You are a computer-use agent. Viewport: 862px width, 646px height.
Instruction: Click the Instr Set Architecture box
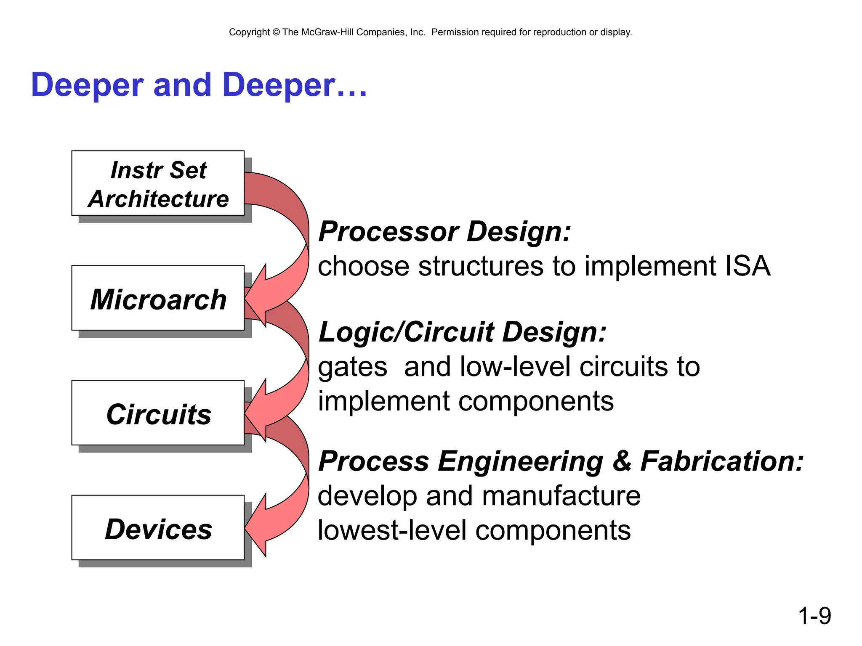point(158,183)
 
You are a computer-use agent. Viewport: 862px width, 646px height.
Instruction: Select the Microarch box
point(158,298)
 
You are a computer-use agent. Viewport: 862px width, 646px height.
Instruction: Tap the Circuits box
point(158,413)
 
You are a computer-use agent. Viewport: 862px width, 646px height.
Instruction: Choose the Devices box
point(158,528)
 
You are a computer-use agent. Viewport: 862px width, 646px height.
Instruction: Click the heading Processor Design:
point(444,232)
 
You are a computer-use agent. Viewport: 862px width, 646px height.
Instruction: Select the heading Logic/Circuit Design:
point(462,332)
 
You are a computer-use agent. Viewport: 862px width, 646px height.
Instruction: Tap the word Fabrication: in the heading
point(721,461)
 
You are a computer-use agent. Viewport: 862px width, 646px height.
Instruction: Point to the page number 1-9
point(814,616)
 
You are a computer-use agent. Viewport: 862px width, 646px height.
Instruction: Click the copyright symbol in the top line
point(276,32)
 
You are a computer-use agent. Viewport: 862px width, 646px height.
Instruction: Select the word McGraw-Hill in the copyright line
point(327,32)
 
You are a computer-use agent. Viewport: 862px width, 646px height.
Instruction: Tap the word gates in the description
point(352,367)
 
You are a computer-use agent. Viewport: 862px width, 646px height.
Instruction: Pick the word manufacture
point(561,496)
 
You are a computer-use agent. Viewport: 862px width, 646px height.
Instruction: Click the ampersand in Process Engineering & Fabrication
point(622,461)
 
